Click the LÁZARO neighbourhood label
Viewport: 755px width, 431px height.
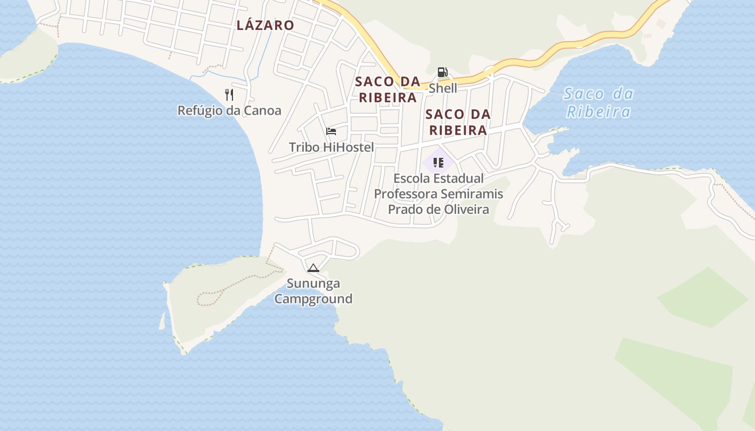click(265, 25)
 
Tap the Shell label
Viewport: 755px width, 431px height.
click(443, 88)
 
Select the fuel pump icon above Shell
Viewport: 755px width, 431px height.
click(442, 72)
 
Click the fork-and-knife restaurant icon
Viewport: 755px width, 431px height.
click(230, 95)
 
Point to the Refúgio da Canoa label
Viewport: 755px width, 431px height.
click(229, 110)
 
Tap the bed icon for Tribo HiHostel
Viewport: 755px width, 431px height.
click(331, 131)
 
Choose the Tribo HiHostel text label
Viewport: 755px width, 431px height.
click(331, 147)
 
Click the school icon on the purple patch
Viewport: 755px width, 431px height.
click(438, 162)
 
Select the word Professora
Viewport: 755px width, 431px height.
click(406, 194)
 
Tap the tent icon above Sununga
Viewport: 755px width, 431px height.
click(313, 268)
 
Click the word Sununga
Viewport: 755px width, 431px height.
click(313, 283)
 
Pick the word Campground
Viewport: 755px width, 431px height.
click(313, 298)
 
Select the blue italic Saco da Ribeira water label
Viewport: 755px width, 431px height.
click(598, 102)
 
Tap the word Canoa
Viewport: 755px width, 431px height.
click(263, 110)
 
